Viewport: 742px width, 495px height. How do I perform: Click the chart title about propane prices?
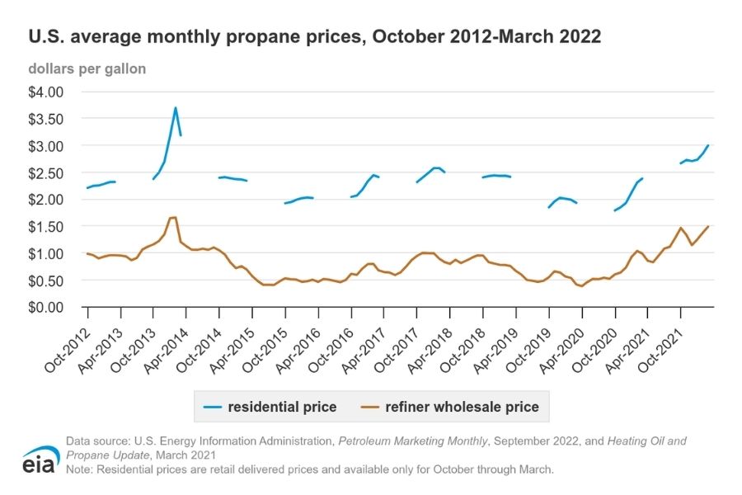314,37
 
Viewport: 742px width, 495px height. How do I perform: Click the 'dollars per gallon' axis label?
87,69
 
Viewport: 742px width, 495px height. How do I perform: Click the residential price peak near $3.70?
175,108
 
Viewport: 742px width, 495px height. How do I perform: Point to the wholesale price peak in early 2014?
174,218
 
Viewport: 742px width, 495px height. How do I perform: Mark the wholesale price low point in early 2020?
582,286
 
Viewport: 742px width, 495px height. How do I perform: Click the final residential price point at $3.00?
708,146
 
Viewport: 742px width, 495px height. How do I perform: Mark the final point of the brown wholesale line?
708,226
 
